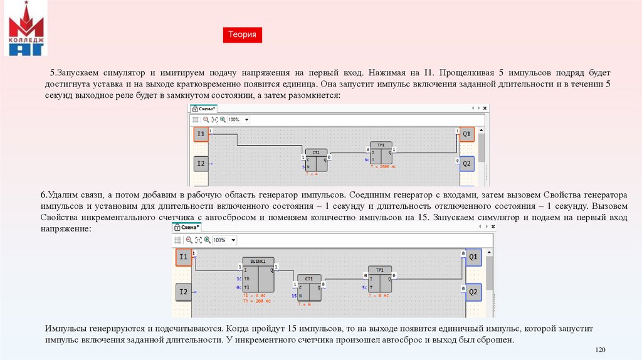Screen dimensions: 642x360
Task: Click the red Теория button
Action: click(x=242, y=35)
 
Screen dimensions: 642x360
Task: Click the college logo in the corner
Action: click(x=26, y=29)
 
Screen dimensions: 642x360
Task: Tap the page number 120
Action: click(x=600, y=349)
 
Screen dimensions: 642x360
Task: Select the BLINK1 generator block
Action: click(x=258, y=275)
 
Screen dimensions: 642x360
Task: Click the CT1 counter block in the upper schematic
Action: click(x=316, y=159)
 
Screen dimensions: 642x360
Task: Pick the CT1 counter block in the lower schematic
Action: click(x=308, y=288)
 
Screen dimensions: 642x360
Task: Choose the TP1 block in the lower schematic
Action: click(x=380, y=282)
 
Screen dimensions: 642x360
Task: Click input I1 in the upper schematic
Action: click(x=200, y=134)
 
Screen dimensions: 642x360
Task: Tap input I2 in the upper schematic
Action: click(x=200, y=164)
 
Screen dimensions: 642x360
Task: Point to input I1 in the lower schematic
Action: click(x=183, y=257)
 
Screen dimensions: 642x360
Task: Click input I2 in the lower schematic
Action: click(x=183, y=292)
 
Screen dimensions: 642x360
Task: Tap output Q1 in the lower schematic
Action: click(x=473, y=257)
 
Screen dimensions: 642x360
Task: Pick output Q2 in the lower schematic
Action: click(x=473, y=292)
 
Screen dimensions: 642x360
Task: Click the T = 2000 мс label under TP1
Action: click(x=383, y=167)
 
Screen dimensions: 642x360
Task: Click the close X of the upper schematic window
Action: click(x=484, y=109)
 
